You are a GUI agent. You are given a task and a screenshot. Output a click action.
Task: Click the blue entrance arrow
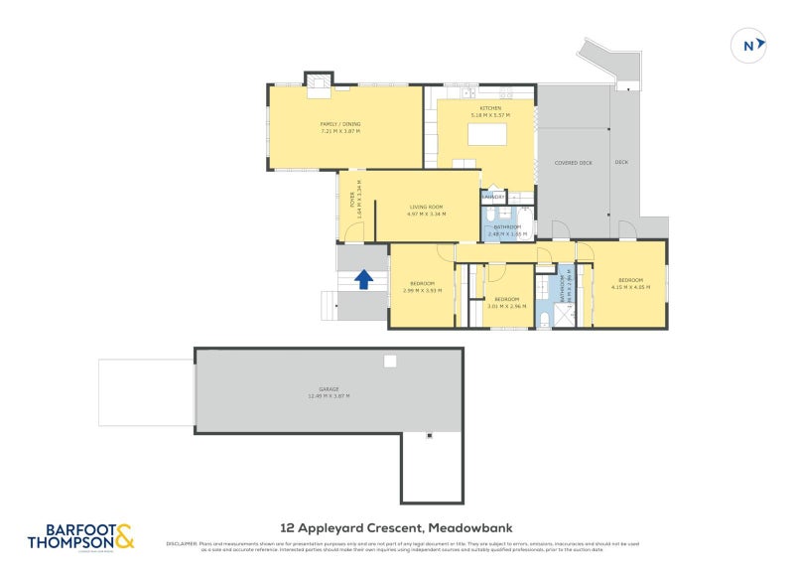[363, 280]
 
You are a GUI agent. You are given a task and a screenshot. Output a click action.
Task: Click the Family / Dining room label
[340, 123]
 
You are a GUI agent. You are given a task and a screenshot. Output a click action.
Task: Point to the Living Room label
[426, 207]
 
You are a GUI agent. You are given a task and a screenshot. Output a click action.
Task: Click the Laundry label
[493, 197]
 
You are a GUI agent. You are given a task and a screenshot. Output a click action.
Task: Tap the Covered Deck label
[573, 162]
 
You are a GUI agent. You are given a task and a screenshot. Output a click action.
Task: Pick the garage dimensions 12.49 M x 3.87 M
[330, 396]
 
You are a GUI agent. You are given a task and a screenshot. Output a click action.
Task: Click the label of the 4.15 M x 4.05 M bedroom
[629, 280]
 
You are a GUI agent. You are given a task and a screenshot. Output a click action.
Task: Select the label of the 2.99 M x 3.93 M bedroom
[421, 284]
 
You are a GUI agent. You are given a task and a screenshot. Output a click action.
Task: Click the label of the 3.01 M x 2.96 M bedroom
[506, 299]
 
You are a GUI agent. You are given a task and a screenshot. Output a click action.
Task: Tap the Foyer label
[351, 202]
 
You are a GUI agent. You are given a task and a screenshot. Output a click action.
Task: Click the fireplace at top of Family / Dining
[317, 80]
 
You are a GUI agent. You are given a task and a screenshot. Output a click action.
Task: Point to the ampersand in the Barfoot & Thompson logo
[124, 537]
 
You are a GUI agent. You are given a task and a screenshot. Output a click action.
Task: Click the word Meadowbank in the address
[476, 527]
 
